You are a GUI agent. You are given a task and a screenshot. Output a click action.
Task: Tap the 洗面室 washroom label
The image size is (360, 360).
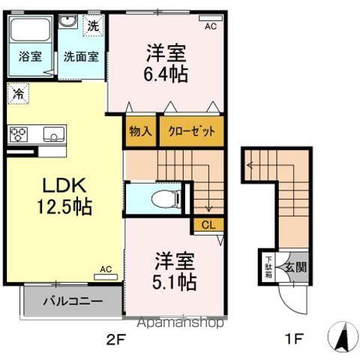pos(79,55)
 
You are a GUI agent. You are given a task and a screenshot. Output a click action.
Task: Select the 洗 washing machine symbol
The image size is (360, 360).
pos(92,25)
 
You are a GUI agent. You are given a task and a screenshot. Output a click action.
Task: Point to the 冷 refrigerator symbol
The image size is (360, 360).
pos(16,94)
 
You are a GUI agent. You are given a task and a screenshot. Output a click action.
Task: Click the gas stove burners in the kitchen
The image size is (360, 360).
pos(17,135)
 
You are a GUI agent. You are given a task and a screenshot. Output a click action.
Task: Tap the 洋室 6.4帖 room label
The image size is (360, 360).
pos(166,64)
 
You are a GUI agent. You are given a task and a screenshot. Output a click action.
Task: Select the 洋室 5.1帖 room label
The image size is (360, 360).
pos(175,271)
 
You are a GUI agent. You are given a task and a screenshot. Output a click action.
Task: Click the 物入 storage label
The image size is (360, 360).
pos(141,130)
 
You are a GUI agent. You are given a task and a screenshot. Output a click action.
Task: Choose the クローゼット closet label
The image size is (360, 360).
pos(190,130)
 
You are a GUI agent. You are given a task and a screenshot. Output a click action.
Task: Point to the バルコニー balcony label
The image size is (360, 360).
pos(72,302)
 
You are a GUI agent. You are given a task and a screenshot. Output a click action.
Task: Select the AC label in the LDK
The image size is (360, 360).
pos(106,269)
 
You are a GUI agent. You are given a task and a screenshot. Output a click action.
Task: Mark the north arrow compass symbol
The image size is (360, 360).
pos(342,337)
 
